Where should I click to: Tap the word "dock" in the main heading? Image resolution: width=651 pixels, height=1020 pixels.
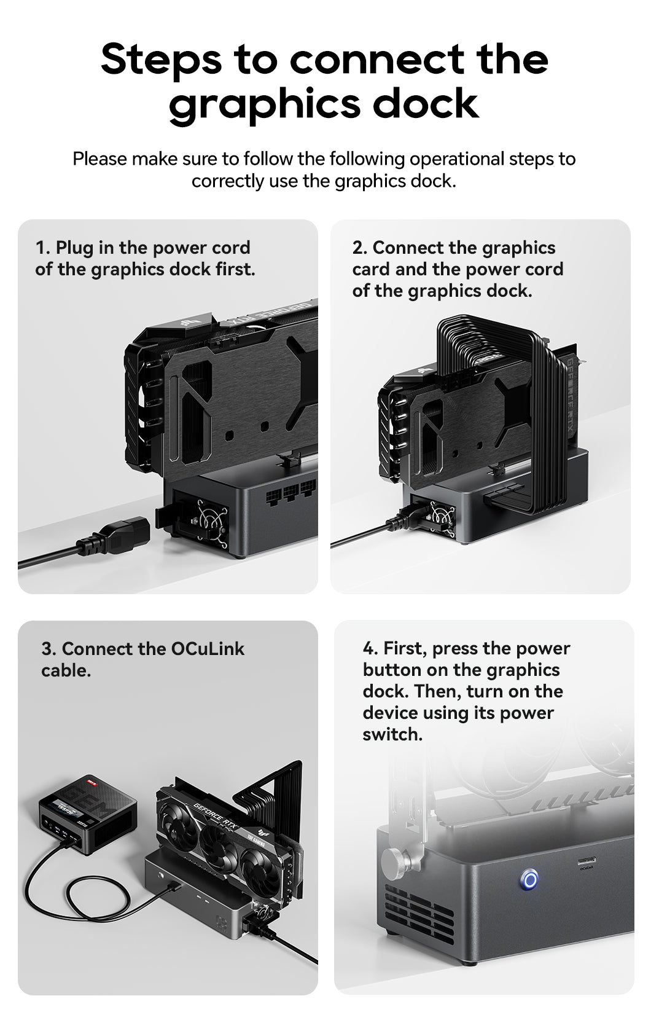[x=425, y=103]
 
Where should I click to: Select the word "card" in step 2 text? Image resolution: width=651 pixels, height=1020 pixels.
[x=371, y=269]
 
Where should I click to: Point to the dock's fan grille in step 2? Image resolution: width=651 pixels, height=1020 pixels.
[x=440, y=516]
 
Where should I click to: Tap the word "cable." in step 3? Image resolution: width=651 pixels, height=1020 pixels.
[x=66, y=671]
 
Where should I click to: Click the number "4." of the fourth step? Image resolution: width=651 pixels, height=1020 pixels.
[x=370, y=648]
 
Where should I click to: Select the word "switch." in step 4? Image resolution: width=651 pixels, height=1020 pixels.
[x=392, y=734]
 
